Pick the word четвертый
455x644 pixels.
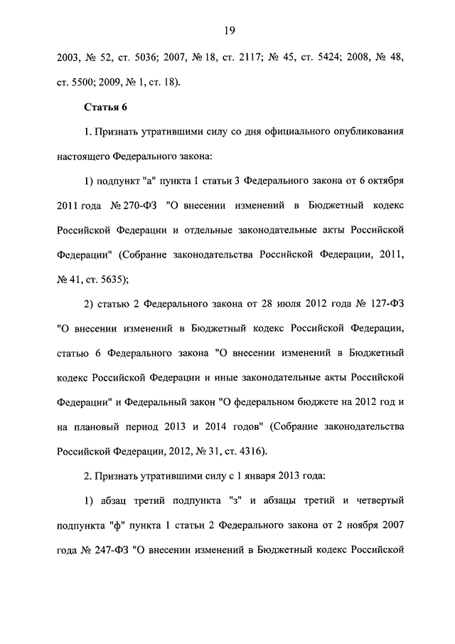pyautogui.click(x=375, y=500)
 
